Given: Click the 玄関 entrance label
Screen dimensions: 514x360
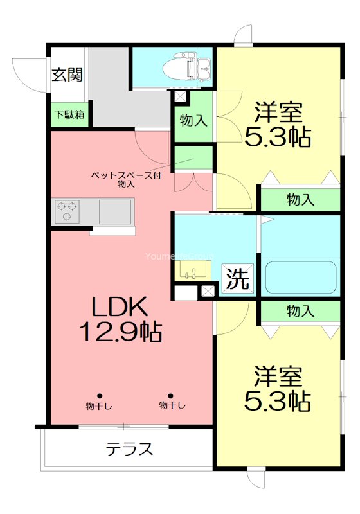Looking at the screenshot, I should coord(67,75).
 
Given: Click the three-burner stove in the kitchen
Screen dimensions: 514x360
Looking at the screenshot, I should coord(67,211).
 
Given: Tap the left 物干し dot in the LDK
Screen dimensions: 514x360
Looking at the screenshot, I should coord(100,396).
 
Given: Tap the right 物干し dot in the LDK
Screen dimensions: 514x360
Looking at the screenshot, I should coord(171,396).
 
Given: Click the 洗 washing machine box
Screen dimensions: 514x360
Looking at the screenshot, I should coord(238,279).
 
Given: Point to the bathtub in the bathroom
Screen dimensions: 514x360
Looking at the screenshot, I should coord(300,278).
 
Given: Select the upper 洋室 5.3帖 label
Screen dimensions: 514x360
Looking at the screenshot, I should coord(278,124).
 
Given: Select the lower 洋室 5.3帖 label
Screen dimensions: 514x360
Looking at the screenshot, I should coord(278,388).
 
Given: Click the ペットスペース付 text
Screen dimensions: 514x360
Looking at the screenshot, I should coord(125,175).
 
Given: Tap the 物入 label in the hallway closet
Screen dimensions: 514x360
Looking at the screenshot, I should coord(194,120).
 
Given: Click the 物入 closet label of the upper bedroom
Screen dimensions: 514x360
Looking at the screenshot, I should coord(300,200).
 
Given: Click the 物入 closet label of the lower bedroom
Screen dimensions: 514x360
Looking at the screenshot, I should coord(300,312).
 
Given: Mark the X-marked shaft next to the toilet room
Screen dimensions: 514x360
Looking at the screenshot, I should coord(179,97).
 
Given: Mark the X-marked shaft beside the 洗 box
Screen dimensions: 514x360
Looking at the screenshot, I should coord(207,291).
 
